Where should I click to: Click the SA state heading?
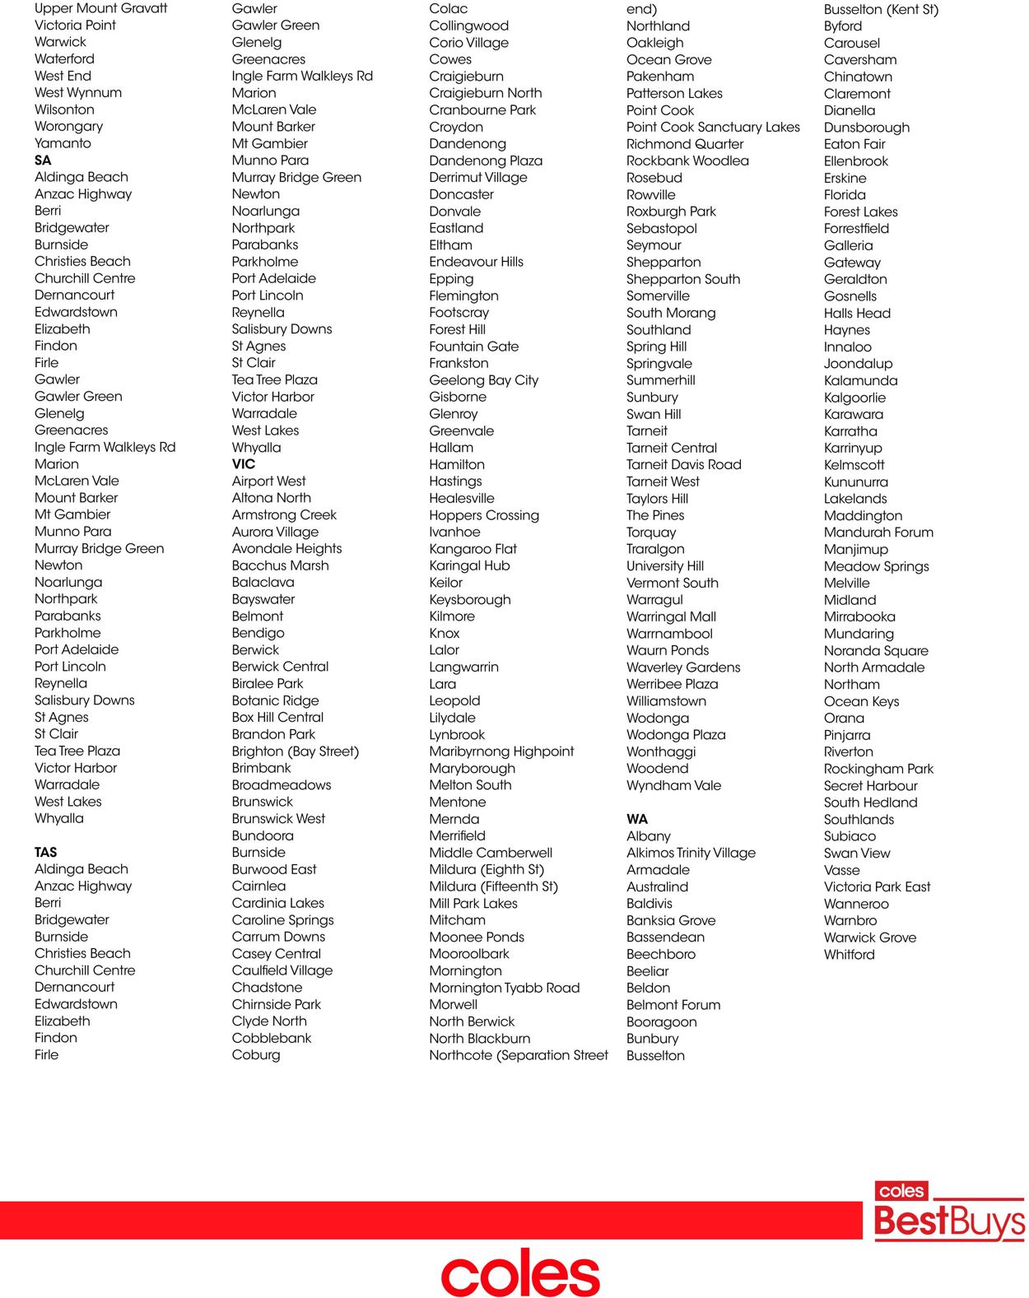(43, 161)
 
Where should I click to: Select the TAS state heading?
(46, 852)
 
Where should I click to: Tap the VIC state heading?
(244, 464)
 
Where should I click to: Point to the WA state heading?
(637, 819)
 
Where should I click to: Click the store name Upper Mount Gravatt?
(100, 8)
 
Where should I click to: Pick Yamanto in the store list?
(63, 143)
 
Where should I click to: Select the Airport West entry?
(268, 481)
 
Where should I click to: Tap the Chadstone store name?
(267, 987)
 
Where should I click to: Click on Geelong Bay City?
(483, 380)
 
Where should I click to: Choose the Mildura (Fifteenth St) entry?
(493, 886)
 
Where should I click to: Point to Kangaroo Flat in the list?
(473, 549)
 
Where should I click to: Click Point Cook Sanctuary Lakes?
(713, 127)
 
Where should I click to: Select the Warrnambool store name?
(669, 634)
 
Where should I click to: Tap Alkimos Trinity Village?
(691, 853)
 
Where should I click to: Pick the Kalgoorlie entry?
(854, 398)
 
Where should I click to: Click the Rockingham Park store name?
(878, 769)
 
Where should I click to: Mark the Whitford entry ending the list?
(849, 954)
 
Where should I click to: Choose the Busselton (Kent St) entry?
(881, 9)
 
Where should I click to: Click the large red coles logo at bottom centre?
(520, 1274)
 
